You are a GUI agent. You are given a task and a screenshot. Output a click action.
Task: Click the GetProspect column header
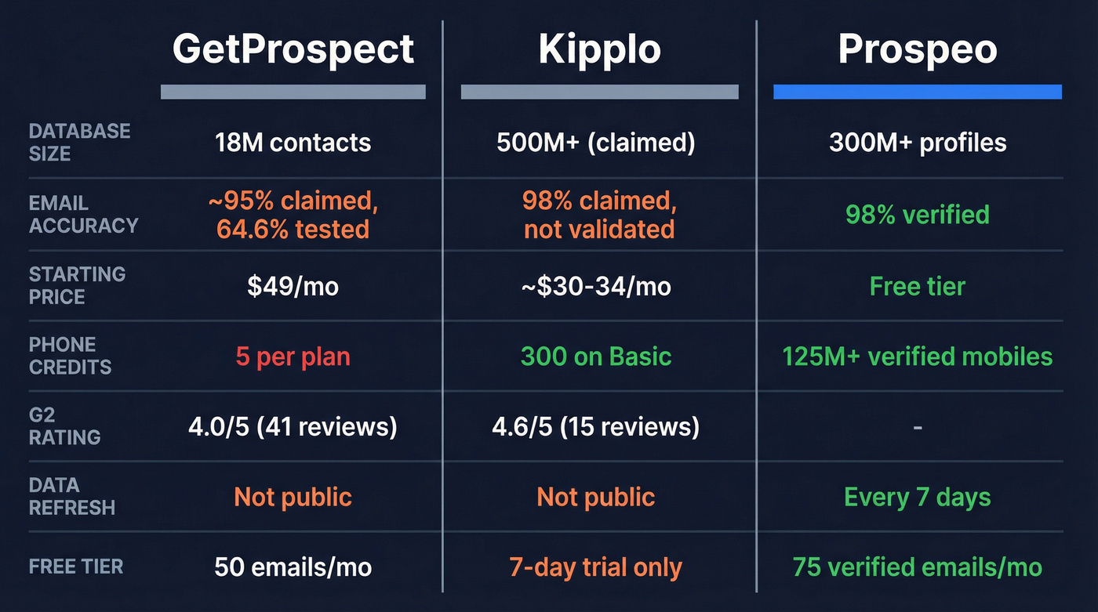coord(293,49)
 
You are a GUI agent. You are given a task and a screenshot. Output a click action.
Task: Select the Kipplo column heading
coord(599,49)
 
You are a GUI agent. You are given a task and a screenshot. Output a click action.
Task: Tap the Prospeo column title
coord(918,49)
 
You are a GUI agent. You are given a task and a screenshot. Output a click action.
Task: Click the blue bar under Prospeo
coord(918,92)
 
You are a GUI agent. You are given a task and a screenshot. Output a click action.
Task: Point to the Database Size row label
coord(79,142)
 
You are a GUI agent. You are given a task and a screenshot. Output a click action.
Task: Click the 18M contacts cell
coord(293,143)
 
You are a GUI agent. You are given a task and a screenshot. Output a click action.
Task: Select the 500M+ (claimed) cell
coord(596,143)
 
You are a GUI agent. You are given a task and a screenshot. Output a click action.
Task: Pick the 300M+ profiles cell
coord(918,143)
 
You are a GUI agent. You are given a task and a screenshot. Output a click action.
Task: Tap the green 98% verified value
coord(918,214)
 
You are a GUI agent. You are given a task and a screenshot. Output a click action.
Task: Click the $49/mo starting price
coord(293,286)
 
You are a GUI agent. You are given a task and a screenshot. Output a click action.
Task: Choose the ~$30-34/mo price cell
coord(596,286)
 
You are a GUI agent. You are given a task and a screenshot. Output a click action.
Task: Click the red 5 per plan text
coord(293,357)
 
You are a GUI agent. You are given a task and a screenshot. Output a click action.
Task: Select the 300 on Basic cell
coord(596,357)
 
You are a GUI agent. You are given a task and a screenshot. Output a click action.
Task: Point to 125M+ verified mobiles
coord(918,357)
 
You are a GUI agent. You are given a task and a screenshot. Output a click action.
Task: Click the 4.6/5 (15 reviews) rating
coord(596,427)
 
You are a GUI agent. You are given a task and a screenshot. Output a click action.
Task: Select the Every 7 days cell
coord(918,497)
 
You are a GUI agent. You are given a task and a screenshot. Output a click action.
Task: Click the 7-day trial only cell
coord(596,567)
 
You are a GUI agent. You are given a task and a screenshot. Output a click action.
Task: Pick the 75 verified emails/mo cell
coord(918,567)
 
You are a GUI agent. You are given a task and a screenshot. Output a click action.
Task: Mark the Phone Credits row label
coord(70,355)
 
